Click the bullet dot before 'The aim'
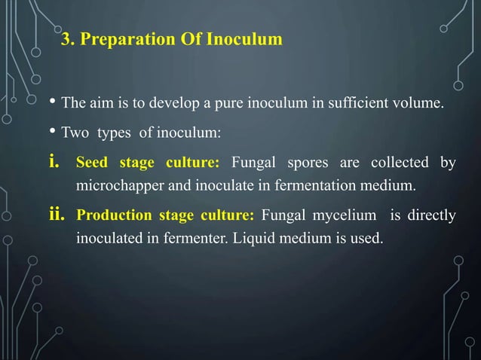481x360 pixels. tap(51, 103)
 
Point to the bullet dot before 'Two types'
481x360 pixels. tap(51, 133)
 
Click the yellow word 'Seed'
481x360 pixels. tap(91, 163)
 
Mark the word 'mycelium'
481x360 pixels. tap(343, 217)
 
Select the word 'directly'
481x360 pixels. tap(430, 217)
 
